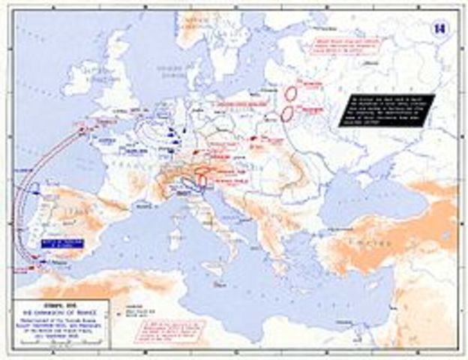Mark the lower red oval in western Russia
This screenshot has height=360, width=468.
[286, 115]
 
